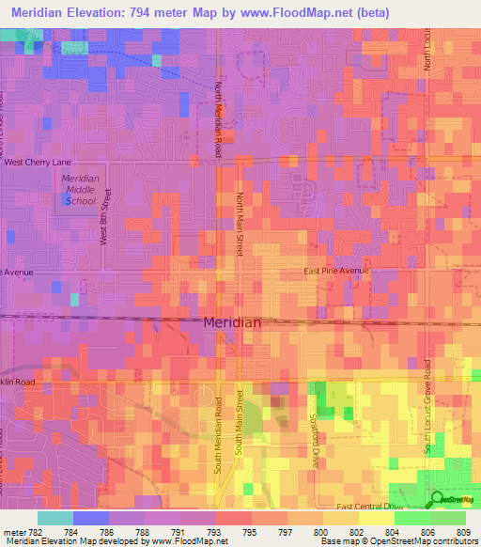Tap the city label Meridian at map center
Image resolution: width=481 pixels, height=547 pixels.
pos(232,322)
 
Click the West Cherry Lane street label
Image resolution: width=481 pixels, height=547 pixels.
pos(39,162)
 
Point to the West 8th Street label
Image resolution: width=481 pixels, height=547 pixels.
pos(106,216)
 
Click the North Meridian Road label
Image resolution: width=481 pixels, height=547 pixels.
pos(218,117)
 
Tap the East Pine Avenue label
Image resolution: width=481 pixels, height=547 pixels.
pos(336,271)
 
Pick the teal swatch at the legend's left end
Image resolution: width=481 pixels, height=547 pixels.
pos(55,518)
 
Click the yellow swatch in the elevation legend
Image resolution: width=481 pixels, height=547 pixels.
pos(376,518)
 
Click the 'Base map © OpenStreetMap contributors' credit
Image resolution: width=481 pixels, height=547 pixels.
pos(397,541)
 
